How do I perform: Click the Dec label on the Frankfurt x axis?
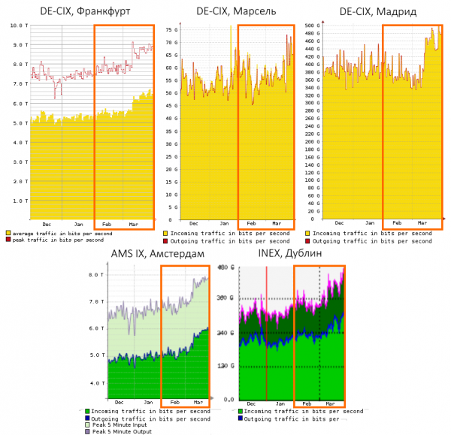(x=47, y=224)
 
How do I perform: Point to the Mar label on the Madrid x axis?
(x=422, y=224)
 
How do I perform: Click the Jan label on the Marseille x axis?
(x=224, y=224)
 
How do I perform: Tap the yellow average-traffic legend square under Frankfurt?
(x=8, y=233)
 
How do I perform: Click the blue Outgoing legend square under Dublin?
(x=241, y=418)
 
